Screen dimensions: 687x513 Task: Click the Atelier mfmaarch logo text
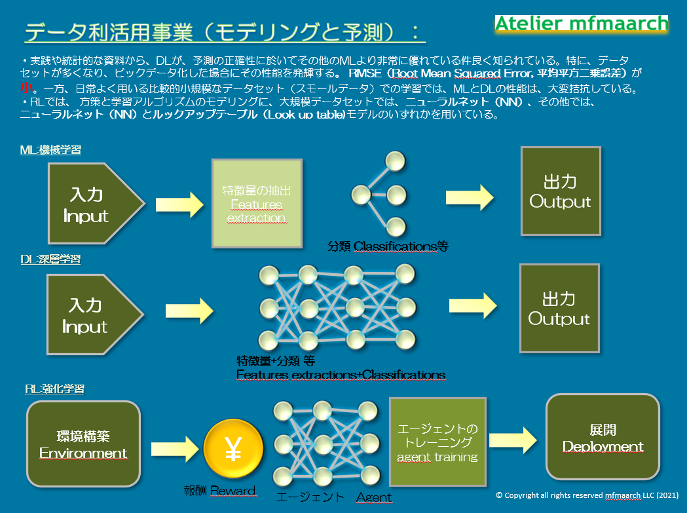coord(582,24)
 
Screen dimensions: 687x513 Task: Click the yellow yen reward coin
coord(234,449)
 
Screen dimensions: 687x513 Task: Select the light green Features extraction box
coord(257,204)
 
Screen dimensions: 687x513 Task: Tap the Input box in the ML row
coord(96,204)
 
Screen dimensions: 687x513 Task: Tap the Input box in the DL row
coord(95,314)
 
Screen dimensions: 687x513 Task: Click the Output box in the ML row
coord(561,191)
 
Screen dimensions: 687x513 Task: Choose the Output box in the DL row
coord(559,308)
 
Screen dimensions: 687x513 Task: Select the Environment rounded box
coord(84,444)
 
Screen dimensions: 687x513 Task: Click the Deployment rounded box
coord(603,437)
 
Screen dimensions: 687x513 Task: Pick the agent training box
coord(437,442)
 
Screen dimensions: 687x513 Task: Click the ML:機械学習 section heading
coord(51,150)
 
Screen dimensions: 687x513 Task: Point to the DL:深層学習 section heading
coord(50,259)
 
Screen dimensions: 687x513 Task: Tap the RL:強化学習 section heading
coord(55,389)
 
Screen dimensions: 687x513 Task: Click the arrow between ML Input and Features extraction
coord(179,204)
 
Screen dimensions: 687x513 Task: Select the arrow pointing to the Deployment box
coord(513,440)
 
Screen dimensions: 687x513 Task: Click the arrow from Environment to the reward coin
coord(175,449)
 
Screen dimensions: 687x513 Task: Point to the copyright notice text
coord(587,495)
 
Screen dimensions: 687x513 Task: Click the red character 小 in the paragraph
coord(26,88)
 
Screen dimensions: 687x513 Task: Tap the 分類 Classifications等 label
coord(388,246)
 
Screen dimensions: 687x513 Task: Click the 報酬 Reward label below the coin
coord(220,491)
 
